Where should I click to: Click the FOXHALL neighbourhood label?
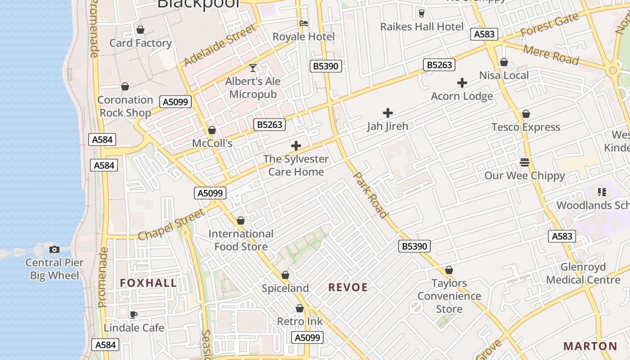[148, 283]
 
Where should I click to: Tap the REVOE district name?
[348, 288]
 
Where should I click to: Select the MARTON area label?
[590, 346]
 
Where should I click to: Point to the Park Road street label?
[370, 194]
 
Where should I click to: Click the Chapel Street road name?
[171, 225]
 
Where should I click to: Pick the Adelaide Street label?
[220, 45]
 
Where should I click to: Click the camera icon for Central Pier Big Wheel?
[54, 249]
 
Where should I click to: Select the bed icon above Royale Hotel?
[304, 23]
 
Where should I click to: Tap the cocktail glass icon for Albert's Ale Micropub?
[253, 68]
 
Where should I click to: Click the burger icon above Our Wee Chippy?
[524, 162]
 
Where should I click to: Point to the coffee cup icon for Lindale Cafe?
[133, 315]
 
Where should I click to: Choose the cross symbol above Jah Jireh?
[387, 113]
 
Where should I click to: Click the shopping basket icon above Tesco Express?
[526, 114]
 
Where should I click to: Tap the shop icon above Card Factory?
[140, 30]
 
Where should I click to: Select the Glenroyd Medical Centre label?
[583, 274]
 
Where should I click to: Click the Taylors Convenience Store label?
[449, 296]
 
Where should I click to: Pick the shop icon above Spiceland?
[285, 275]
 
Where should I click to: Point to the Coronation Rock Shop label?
[125, 106]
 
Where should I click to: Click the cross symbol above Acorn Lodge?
[462, 83]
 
